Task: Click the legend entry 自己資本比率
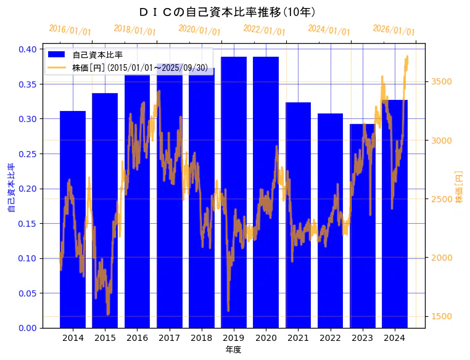click(97, 55)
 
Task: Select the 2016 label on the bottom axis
click(137, 338)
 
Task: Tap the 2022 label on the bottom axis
click(330, 338)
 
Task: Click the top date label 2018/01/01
click(135, 30)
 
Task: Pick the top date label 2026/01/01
click(394, 30)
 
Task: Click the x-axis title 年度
click(233, 350)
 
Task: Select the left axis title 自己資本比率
click(10, 188)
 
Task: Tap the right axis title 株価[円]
click(460, 187)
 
